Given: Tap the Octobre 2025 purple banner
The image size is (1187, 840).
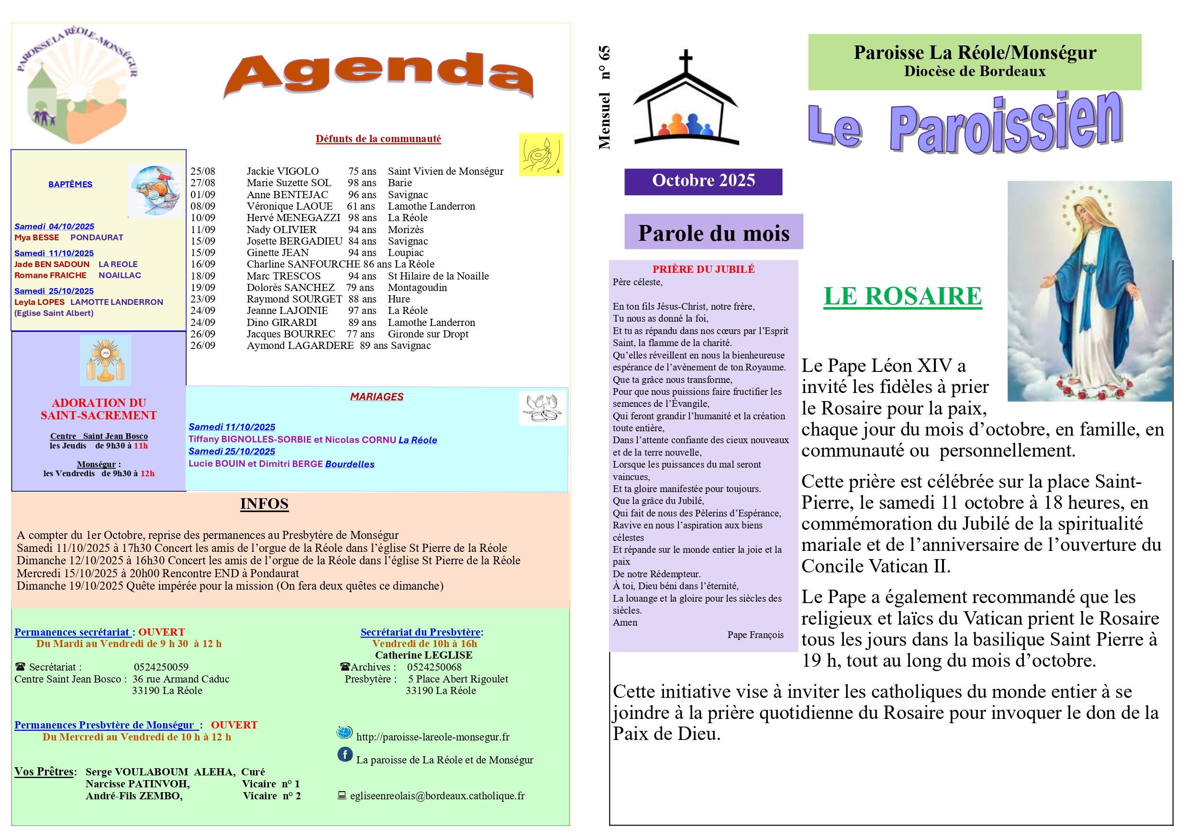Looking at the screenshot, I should point(703,181).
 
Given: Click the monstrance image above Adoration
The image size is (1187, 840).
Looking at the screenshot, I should point(105,360).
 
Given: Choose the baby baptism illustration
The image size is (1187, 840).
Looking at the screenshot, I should point(155,190).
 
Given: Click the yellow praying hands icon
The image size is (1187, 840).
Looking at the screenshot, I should point(541,154).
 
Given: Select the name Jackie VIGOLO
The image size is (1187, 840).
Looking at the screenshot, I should point(282,171).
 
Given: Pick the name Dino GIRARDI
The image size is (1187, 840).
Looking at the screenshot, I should point(282,322).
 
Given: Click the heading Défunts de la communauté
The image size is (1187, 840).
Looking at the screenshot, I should point(378,139).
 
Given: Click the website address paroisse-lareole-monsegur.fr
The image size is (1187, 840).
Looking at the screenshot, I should point(432,737).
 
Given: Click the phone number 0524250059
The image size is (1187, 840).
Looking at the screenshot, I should point(161,667).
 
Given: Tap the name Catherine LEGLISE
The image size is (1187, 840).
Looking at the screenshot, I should point(423,655).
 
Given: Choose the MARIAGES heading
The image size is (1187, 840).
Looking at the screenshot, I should point(377,397).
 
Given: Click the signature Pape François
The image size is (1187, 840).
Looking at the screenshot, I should point(755,635).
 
